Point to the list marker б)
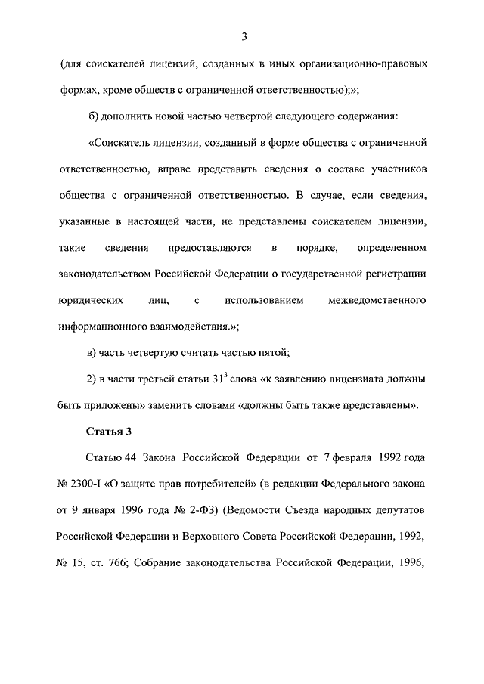point(94,116)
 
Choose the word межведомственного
point(377,301)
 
